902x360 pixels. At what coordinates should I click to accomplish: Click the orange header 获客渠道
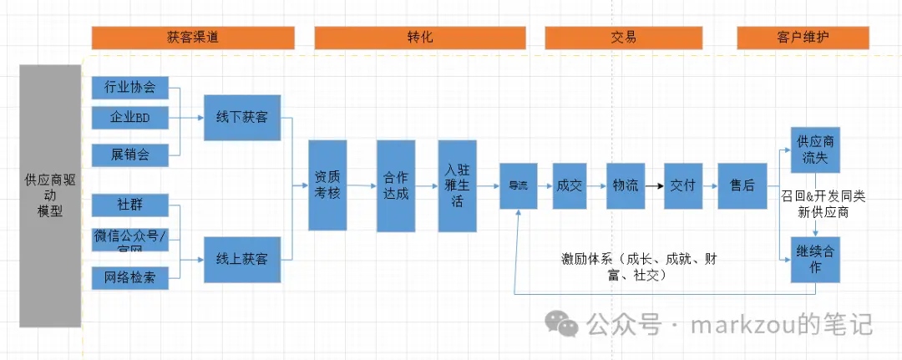[193, 38]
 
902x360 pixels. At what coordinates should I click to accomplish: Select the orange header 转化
[419, 38]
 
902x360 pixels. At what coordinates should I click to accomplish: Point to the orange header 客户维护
[803, 38]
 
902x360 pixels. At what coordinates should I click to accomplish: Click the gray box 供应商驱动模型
[50, 195]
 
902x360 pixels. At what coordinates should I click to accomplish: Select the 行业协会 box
[129, 87]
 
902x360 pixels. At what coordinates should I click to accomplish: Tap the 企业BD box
[129, 118]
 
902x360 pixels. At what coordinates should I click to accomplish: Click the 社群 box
[129, 203]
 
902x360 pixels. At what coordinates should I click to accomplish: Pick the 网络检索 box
[129, 277]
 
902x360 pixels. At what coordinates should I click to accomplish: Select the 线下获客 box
[241, 118]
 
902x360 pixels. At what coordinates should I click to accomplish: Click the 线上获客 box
[241, 259]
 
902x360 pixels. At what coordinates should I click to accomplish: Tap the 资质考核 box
[327, 185]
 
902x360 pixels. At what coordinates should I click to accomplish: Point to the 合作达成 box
[396, 185]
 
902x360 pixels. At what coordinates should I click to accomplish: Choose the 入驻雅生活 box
[457, 185]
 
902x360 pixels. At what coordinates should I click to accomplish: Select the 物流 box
[625, 185]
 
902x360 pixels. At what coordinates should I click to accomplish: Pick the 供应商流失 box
[814, 150]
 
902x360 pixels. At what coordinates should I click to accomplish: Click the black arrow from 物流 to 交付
[655, 185]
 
